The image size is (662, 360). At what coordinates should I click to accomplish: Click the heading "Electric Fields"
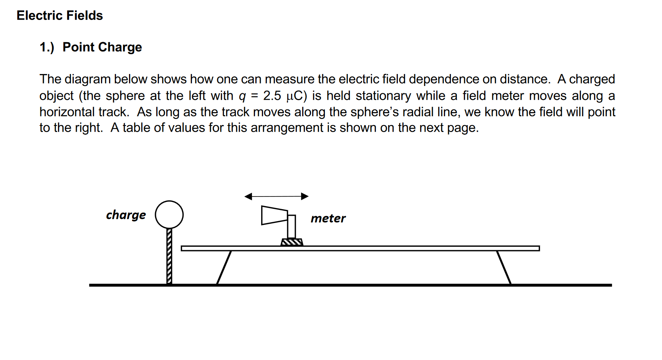coord(60,15)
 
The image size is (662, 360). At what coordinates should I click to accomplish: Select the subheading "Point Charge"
coord(102,47)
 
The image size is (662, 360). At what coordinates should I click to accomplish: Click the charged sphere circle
coord(169,215)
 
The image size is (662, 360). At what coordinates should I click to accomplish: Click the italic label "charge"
coord(126,215)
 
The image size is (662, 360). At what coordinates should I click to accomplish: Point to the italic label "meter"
coord(328,218)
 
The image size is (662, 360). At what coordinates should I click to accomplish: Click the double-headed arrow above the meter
coord(276,197)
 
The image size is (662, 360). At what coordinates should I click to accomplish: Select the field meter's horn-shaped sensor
coord(274,215)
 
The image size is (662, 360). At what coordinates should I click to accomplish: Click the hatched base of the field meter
coord(292,242)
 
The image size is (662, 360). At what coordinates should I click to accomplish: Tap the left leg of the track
coord(224,268)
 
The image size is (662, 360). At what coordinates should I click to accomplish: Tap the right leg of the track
coord(504,268)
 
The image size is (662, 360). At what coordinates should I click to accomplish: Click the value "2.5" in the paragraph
coord(272,96)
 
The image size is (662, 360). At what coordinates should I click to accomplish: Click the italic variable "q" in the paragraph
coord(242,96)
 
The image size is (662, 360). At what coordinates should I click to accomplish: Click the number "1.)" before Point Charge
coord(47,47)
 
